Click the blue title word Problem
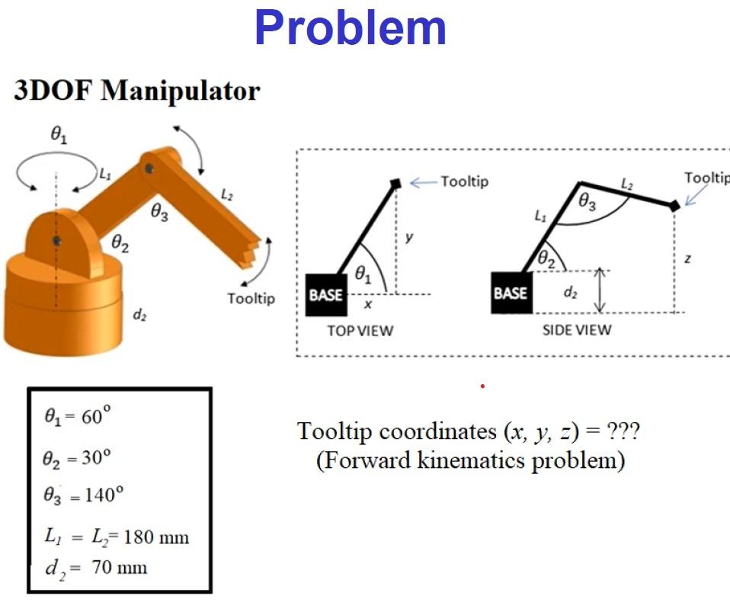pyautogui.click(x=350, y=28)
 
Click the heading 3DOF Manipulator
pyautogui.click(x=137, y=91)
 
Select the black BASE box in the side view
pyautogui.click(x=510, y=293)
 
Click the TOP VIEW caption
pyautogui.click(x=360, y=331)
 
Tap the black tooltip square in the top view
pyautogui.click(x=396, y=184)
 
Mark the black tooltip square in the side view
pyautogui.click(x=674, y=205)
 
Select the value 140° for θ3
pyautogui.click(x=101, y=494)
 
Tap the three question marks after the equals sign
pyautogui.click(x=623, y=431)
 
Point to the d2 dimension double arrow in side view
pyautogui.click(x=600, y=290)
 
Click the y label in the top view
pyautogui.click(x=409, y=237)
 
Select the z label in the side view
pyautogui.click(x=687, y=259)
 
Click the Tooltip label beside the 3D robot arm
pyautogui.click(x=251, y=298)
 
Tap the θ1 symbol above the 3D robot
pyautogui.click(x=59, y=136)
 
